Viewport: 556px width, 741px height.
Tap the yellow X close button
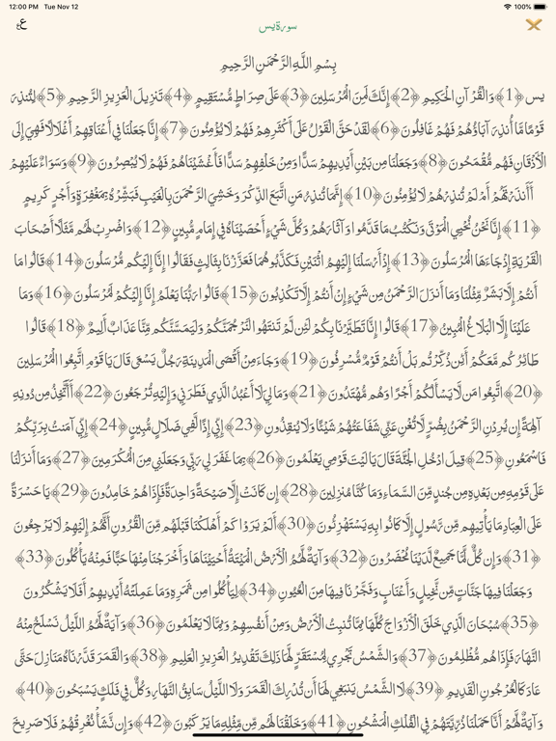click(x=534, y=26)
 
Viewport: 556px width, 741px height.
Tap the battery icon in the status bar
click(x=537, y=6)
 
